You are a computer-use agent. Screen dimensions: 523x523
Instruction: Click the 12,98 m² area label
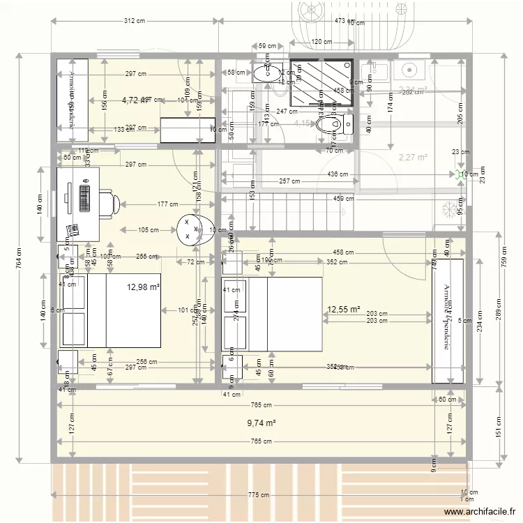[x=144, y=287]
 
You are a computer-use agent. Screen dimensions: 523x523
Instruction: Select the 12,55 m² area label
[x=344, y=309]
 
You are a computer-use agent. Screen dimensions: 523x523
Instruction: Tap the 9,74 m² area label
[x=261, y=423]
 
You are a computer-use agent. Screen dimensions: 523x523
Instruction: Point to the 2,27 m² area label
[x=413, y=158]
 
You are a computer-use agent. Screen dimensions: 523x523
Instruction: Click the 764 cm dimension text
[x=20, y=257]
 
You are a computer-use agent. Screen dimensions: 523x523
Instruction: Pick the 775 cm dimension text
[x=259, y=495]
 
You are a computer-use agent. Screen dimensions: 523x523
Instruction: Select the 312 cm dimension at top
[x=135, y=21]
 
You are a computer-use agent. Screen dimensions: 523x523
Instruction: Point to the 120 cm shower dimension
[x=321, y=43]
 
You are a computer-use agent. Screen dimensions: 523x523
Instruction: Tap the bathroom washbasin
[x=266, y=72]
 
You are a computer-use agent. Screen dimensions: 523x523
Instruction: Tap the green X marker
[x=459, y=174]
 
